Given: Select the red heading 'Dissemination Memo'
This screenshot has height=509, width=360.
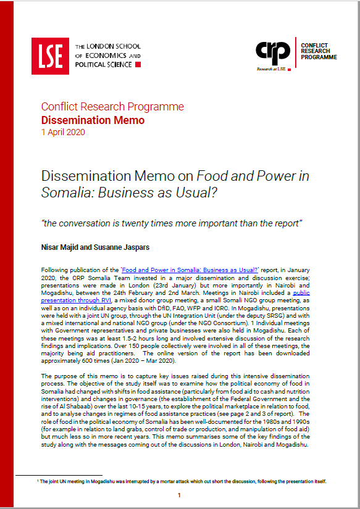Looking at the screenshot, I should tap(93, 120).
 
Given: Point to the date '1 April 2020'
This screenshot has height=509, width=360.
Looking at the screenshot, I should tap(63, 132).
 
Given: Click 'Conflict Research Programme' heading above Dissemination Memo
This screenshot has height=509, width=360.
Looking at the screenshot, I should tap(112, 107).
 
